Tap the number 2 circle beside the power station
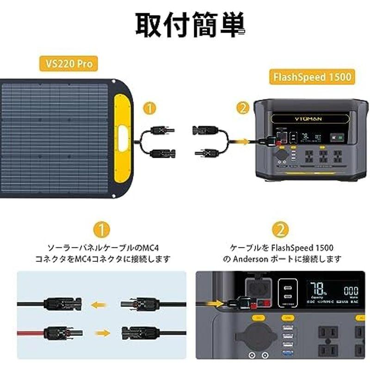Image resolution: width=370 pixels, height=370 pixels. (241, 108)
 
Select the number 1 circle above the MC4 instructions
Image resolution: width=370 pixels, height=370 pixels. (102, 229)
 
